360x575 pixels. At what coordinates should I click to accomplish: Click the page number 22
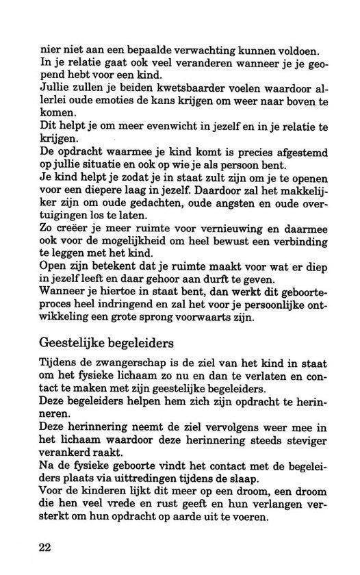(45, 549)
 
